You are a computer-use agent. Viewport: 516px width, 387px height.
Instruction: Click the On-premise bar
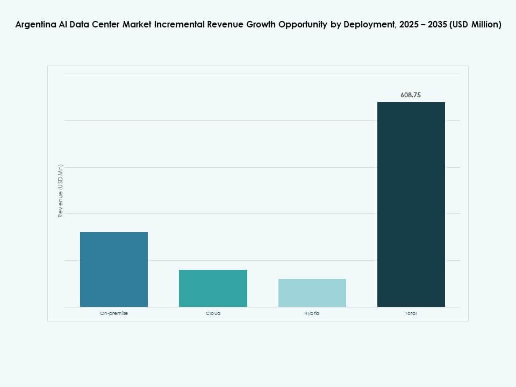coord(114,269)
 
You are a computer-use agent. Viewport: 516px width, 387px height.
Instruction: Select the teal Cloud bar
coord(213,288)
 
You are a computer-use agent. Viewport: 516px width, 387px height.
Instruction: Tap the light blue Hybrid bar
coord(312,293)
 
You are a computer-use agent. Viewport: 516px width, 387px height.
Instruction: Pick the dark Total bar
coord(411,204)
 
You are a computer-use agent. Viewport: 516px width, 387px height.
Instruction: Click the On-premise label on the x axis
coord(114,313)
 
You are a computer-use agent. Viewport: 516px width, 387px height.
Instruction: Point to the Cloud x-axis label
coord(213,313)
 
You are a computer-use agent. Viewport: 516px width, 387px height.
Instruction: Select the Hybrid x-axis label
coord(312,313)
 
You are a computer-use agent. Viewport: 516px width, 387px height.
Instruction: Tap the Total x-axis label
coord(411,313)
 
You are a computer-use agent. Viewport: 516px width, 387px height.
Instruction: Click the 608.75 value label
coord(411,95)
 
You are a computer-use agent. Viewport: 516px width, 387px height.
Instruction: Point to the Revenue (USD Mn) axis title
coord(61,191)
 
